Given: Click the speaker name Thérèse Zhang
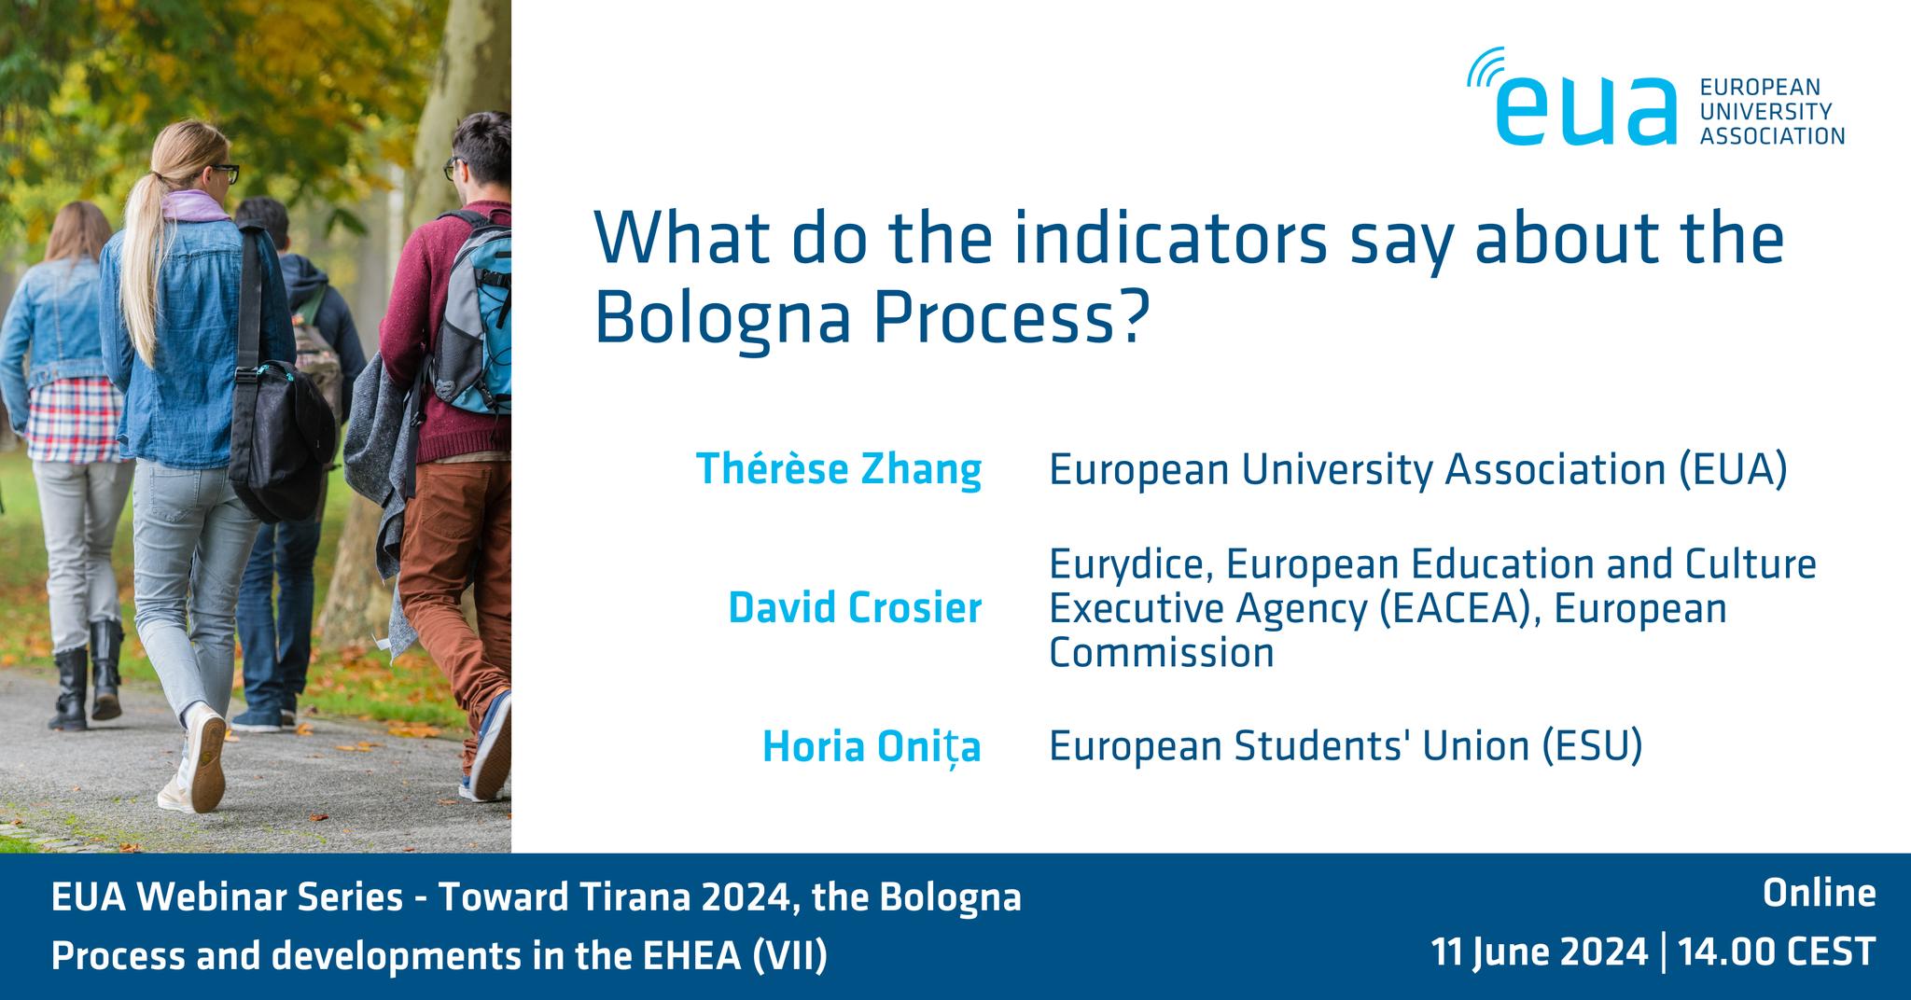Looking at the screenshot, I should [x=839, y=469].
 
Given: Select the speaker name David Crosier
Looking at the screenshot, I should [x=855, y=608].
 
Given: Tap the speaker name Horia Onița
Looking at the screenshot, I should [x=872, y=747].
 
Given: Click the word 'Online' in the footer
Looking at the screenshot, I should [x=1819, y=894].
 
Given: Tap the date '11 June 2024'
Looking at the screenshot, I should [x=1540, y=952].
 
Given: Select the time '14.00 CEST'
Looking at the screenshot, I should [x=1777, y=952].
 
